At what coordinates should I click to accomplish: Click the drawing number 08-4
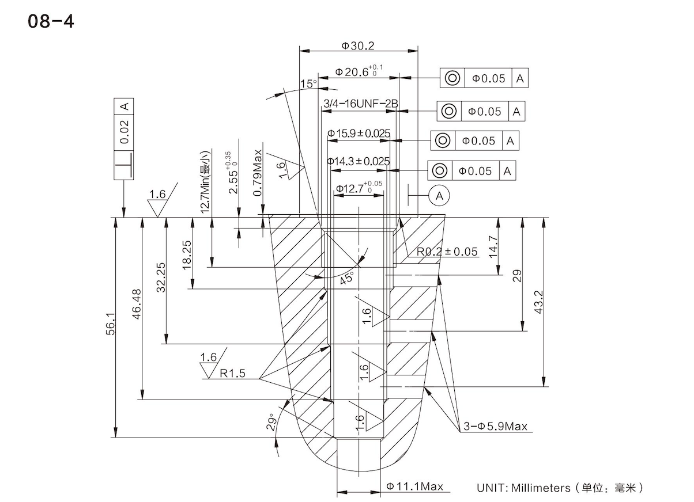(x=50, y=22)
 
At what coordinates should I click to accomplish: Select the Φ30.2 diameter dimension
(x=358, y=45)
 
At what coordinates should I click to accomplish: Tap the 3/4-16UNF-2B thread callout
(x=360, y=104)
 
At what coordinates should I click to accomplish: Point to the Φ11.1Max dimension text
(x=414, y=486)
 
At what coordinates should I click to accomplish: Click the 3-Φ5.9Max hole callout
(x=496, y=427)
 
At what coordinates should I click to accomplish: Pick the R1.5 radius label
(x=232, y=374)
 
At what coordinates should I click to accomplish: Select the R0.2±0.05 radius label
(x=448, y=252)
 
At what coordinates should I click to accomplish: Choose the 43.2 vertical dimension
(x=540, y=302)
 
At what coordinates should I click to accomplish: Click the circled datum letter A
(x=439, y=196)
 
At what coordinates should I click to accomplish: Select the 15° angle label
(x=309, y=84)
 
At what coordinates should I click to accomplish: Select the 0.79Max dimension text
(x=258, y=173)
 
